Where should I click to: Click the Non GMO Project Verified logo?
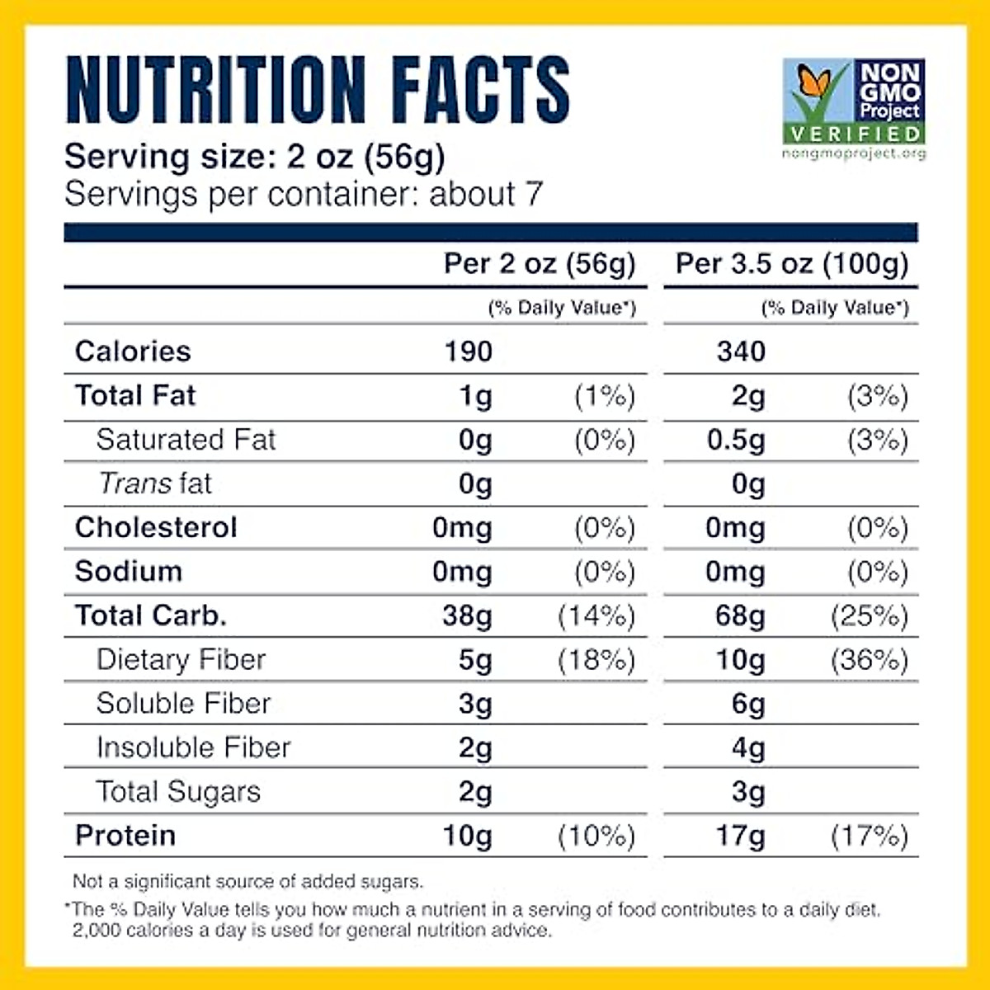click(854, 102)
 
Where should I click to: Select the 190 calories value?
click(468, 351)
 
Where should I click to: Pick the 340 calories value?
click(741, 351)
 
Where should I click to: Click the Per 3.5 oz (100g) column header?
click(791, 263)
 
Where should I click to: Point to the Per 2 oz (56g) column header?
click(540, 263)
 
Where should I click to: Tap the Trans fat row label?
click(155, 483)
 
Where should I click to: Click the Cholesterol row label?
click(156, 527)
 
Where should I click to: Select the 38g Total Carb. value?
click(467, 616)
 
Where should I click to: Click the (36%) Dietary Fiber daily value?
click(869, 660)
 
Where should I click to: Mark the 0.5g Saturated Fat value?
click(735, 440)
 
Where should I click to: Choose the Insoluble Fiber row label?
click(193, 747)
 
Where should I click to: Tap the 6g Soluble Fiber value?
click(747, 704)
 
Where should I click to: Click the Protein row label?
click(125, 836)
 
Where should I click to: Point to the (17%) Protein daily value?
click(869, 836)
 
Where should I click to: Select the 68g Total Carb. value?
click(740, 616)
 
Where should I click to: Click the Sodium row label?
click(129, 572)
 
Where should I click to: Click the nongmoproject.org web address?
click(854, 153)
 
